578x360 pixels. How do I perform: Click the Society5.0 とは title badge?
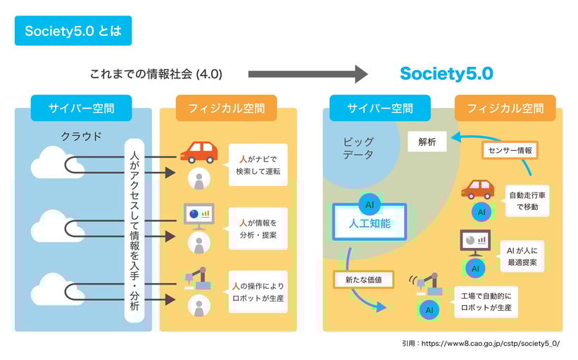pos(73,31)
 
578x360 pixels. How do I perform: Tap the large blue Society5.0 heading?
pos(446,74)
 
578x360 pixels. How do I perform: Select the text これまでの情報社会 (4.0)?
pos(156,74)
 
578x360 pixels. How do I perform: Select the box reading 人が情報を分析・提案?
pos(258,228)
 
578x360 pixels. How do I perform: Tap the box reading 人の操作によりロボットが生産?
pos(258,292)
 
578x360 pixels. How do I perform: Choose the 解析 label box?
pos(427,142)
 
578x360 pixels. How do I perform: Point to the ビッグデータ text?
pos(359,148)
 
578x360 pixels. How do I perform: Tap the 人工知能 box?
pos(370,223)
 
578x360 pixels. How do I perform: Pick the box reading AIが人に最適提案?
pos(521,256)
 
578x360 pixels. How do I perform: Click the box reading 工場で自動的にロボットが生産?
pos(486,302)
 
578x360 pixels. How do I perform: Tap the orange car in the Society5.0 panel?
pos(477,189)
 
